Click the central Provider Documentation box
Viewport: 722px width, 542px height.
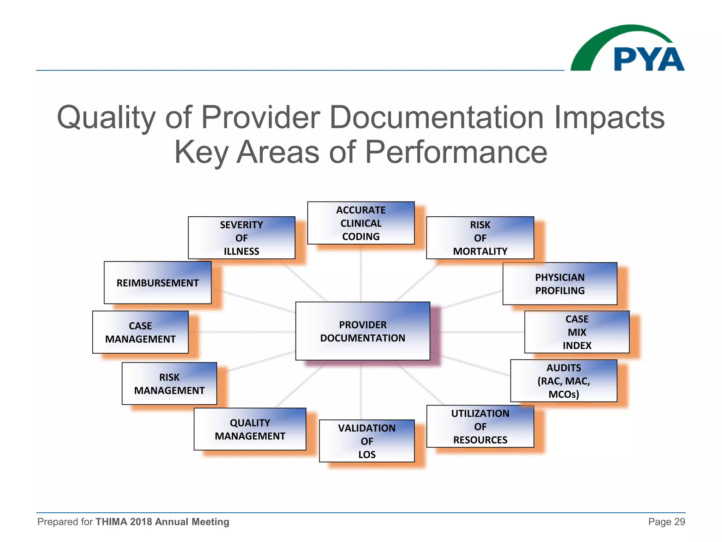click(362, 331)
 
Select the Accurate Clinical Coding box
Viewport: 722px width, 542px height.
click(361, 223)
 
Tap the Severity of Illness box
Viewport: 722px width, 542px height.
click(241, 238)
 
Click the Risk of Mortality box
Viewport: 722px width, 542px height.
click(480, 238)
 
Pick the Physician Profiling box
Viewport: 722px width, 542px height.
click(559, 284)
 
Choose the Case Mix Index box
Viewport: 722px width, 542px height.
click(577, 332)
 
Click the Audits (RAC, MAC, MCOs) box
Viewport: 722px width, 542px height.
click(563, 381)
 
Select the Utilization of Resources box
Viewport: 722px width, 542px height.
click(480, 426)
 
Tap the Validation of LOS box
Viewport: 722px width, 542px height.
click(367, 441)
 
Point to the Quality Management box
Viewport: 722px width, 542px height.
click(250, 429)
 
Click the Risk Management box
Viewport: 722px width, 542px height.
click(169, 384)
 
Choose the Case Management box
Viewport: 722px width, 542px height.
click(140, 332)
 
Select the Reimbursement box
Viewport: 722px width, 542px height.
click(158, 283)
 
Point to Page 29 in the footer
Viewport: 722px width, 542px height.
click(666, 522)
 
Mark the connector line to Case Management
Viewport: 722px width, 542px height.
click(243, 332)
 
